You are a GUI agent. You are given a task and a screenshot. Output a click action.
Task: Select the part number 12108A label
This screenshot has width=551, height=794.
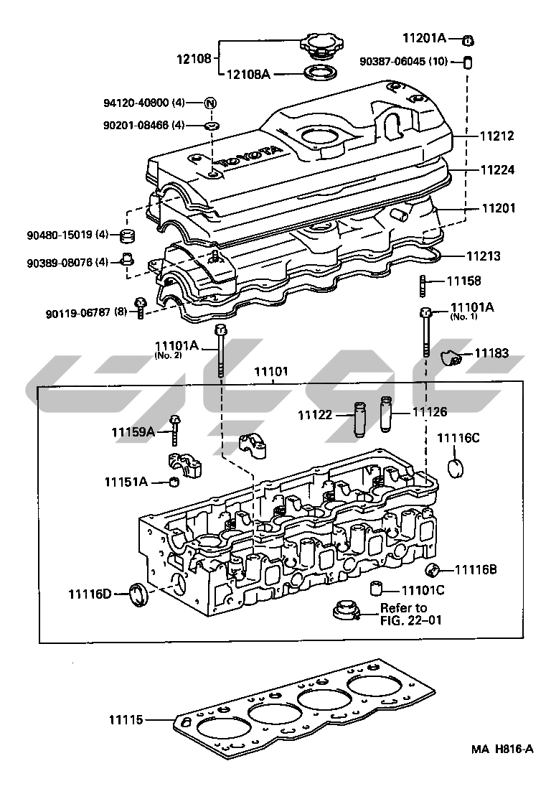pyautogui.click(x=249, y=73)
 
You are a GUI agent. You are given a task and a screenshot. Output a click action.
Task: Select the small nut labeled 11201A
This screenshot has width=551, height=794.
pyautogui.click(x=467, y=39)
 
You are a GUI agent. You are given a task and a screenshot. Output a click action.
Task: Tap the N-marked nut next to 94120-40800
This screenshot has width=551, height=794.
pyautogui.click(x=210, y=103)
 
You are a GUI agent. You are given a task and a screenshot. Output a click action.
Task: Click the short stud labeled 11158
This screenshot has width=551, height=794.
pyautogui.click(x=423, y=286)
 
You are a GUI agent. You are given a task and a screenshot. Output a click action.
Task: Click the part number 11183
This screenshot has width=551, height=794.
pyautogui.click(x=492, y=353)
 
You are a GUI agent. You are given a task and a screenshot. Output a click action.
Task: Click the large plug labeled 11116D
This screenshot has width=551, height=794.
pyautogui.click(x=137, y=594)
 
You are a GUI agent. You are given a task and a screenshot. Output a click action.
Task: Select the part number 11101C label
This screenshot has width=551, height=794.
pyautogui.click(x=423, y=590)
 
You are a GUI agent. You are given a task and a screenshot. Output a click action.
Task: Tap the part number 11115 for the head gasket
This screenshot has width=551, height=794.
pyautogui.click(x=127, y=719)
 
